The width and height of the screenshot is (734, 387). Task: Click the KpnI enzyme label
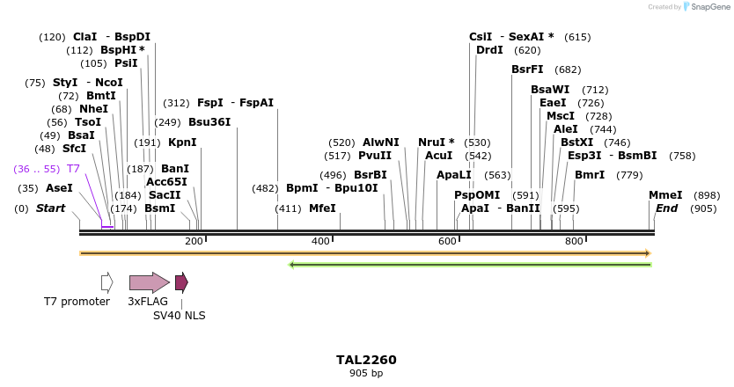(182, 142)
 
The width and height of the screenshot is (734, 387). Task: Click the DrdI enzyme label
(489, 50)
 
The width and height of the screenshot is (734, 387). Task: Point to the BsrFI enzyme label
(527, 69)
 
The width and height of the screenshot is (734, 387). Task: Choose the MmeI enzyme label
(665, 195)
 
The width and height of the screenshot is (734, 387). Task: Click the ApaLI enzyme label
(454, 175)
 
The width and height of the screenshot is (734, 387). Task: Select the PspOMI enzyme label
(476, 195)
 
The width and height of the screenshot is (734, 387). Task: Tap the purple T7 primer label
(73, 169)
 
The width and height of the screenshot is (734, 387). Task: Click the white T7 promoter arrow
(106, 282)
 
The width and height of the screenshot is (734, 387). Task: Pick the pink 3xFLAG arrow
(149, 282)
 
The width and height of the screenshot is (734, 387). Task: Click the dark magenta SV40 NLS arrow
(181, 282)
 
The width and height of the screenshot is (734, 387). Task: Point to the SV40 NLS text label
(179, 315)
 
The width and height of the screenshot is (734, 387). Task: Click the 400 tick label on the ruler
(320, 242)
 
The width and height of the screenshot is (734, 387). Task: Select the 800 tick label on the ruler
(575, 242)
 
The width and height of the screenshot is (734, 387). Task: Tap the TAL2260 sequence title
(366, 360)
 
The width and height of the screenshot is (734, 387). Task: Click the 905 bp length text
(366, 374)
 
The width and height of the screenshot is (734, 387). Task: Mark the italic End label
(666, 208)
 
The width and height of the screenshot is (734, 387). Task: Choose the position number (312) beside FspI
(176, 103)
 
